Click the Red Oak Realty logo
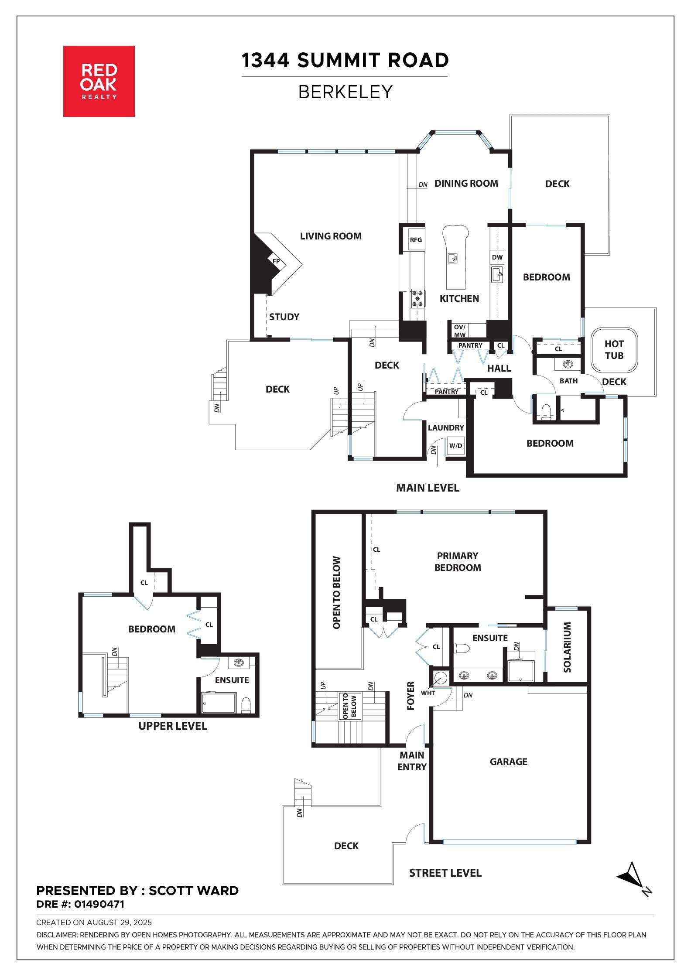(x=99, y=81)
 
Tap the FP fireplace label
(x=276, y=261)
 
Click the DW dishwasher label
(x=497, y=257)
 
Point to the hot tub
(x=614, y=350)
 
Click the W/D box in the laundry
(x=456, y=446)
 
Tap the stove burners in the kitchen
(x=417, y=299)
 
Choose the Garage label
(x=509, y=762)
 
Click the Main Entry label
(x=412, y=761)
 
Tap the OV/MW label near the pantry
(x=460, y=331)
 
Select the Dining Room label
(x=466, y=183)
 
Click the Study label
(x=284, y=317)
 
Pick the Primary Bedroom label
(x=458, y=561)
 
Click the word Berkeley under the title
(x=345, y=92)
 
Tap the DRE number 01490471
(x=99, y=904)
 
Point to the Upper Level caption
(x=173, y=726)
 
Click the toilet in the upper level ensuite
(x=246, y=705)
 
